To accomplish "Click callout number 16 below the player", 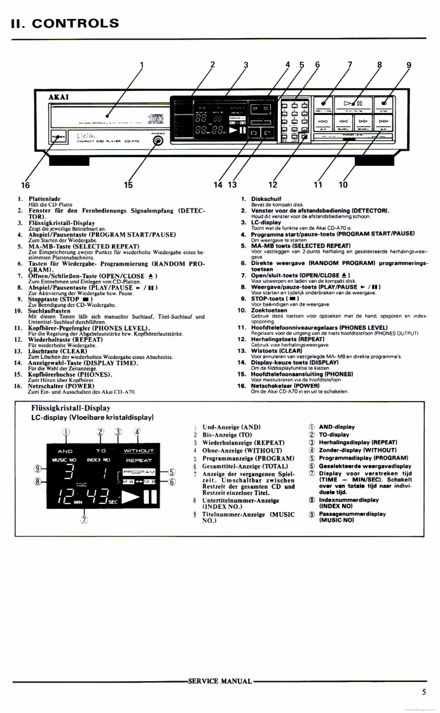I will (x=25, y=185).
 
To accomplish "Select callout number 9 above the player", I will (x=409, y=64).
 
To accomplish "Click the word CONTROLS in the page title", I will (x=75, y=24).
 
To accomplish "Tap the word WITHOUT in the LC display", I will (x=139, y=451).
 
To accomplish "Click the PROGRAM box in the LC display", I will (x=139, y=472).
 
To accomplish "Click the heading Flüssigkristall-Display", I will (x=71, y=408).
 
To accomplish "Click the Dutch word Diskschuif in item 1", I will (x=266, y=198).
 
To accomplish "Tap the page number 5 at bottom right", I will (x=423, y=693).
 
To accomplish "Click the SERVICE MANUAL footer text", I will (x=220, y=681).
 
